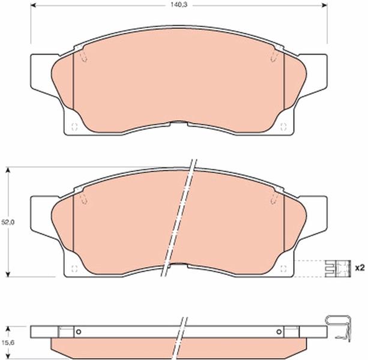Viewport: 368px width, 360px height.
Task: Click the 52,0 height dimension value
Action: pos(8,223)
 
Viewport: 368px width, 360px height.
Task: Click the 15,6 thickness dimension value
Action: pos(8,343)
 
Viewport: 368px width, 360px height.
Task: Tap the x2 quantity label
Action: pos(360,268)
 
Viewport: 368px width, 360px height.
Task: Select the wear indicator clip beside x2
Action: pos(338,268)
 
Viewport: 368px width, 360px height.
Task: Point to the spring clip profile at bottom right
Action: pos(339,328)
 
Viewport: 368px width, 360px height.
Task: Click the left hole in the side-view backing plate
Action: pos(79,332)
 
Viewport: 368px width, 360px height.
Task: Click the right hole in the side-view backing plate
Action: pos(279,332)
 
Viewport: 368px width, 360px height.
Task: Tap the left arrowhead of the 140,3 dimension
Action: pos(34,5)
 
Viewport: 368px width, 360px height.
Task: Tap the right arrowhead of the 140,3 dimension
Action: pos(324,5)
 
